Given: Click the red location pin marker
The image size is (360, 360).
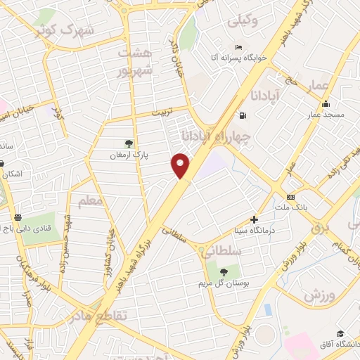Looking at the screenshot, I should pyautogui.click(x=181, y=165).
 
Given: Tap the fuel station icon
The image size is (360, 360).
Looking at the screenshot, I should pyautogui.click(x=243, y=115).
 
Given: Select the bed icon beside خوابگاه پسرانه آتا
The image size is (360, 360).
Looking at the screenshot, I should pyautogui.click(x=239, y=47).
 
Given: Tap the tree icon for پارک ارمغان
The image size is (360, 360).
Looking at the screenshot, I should pyautogui.click(x=129, y=143).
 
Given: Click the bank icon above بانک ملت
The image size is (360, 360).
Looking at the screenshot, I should pyautogui.click(x=290, y=197).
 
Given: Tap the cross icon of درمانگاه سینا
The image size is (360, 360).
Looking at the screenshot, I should pyautogui.click(x=255, y=220).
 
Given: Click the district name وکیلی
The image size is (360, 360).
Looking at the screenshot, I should pyautogui.click(x=243, y=22).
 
